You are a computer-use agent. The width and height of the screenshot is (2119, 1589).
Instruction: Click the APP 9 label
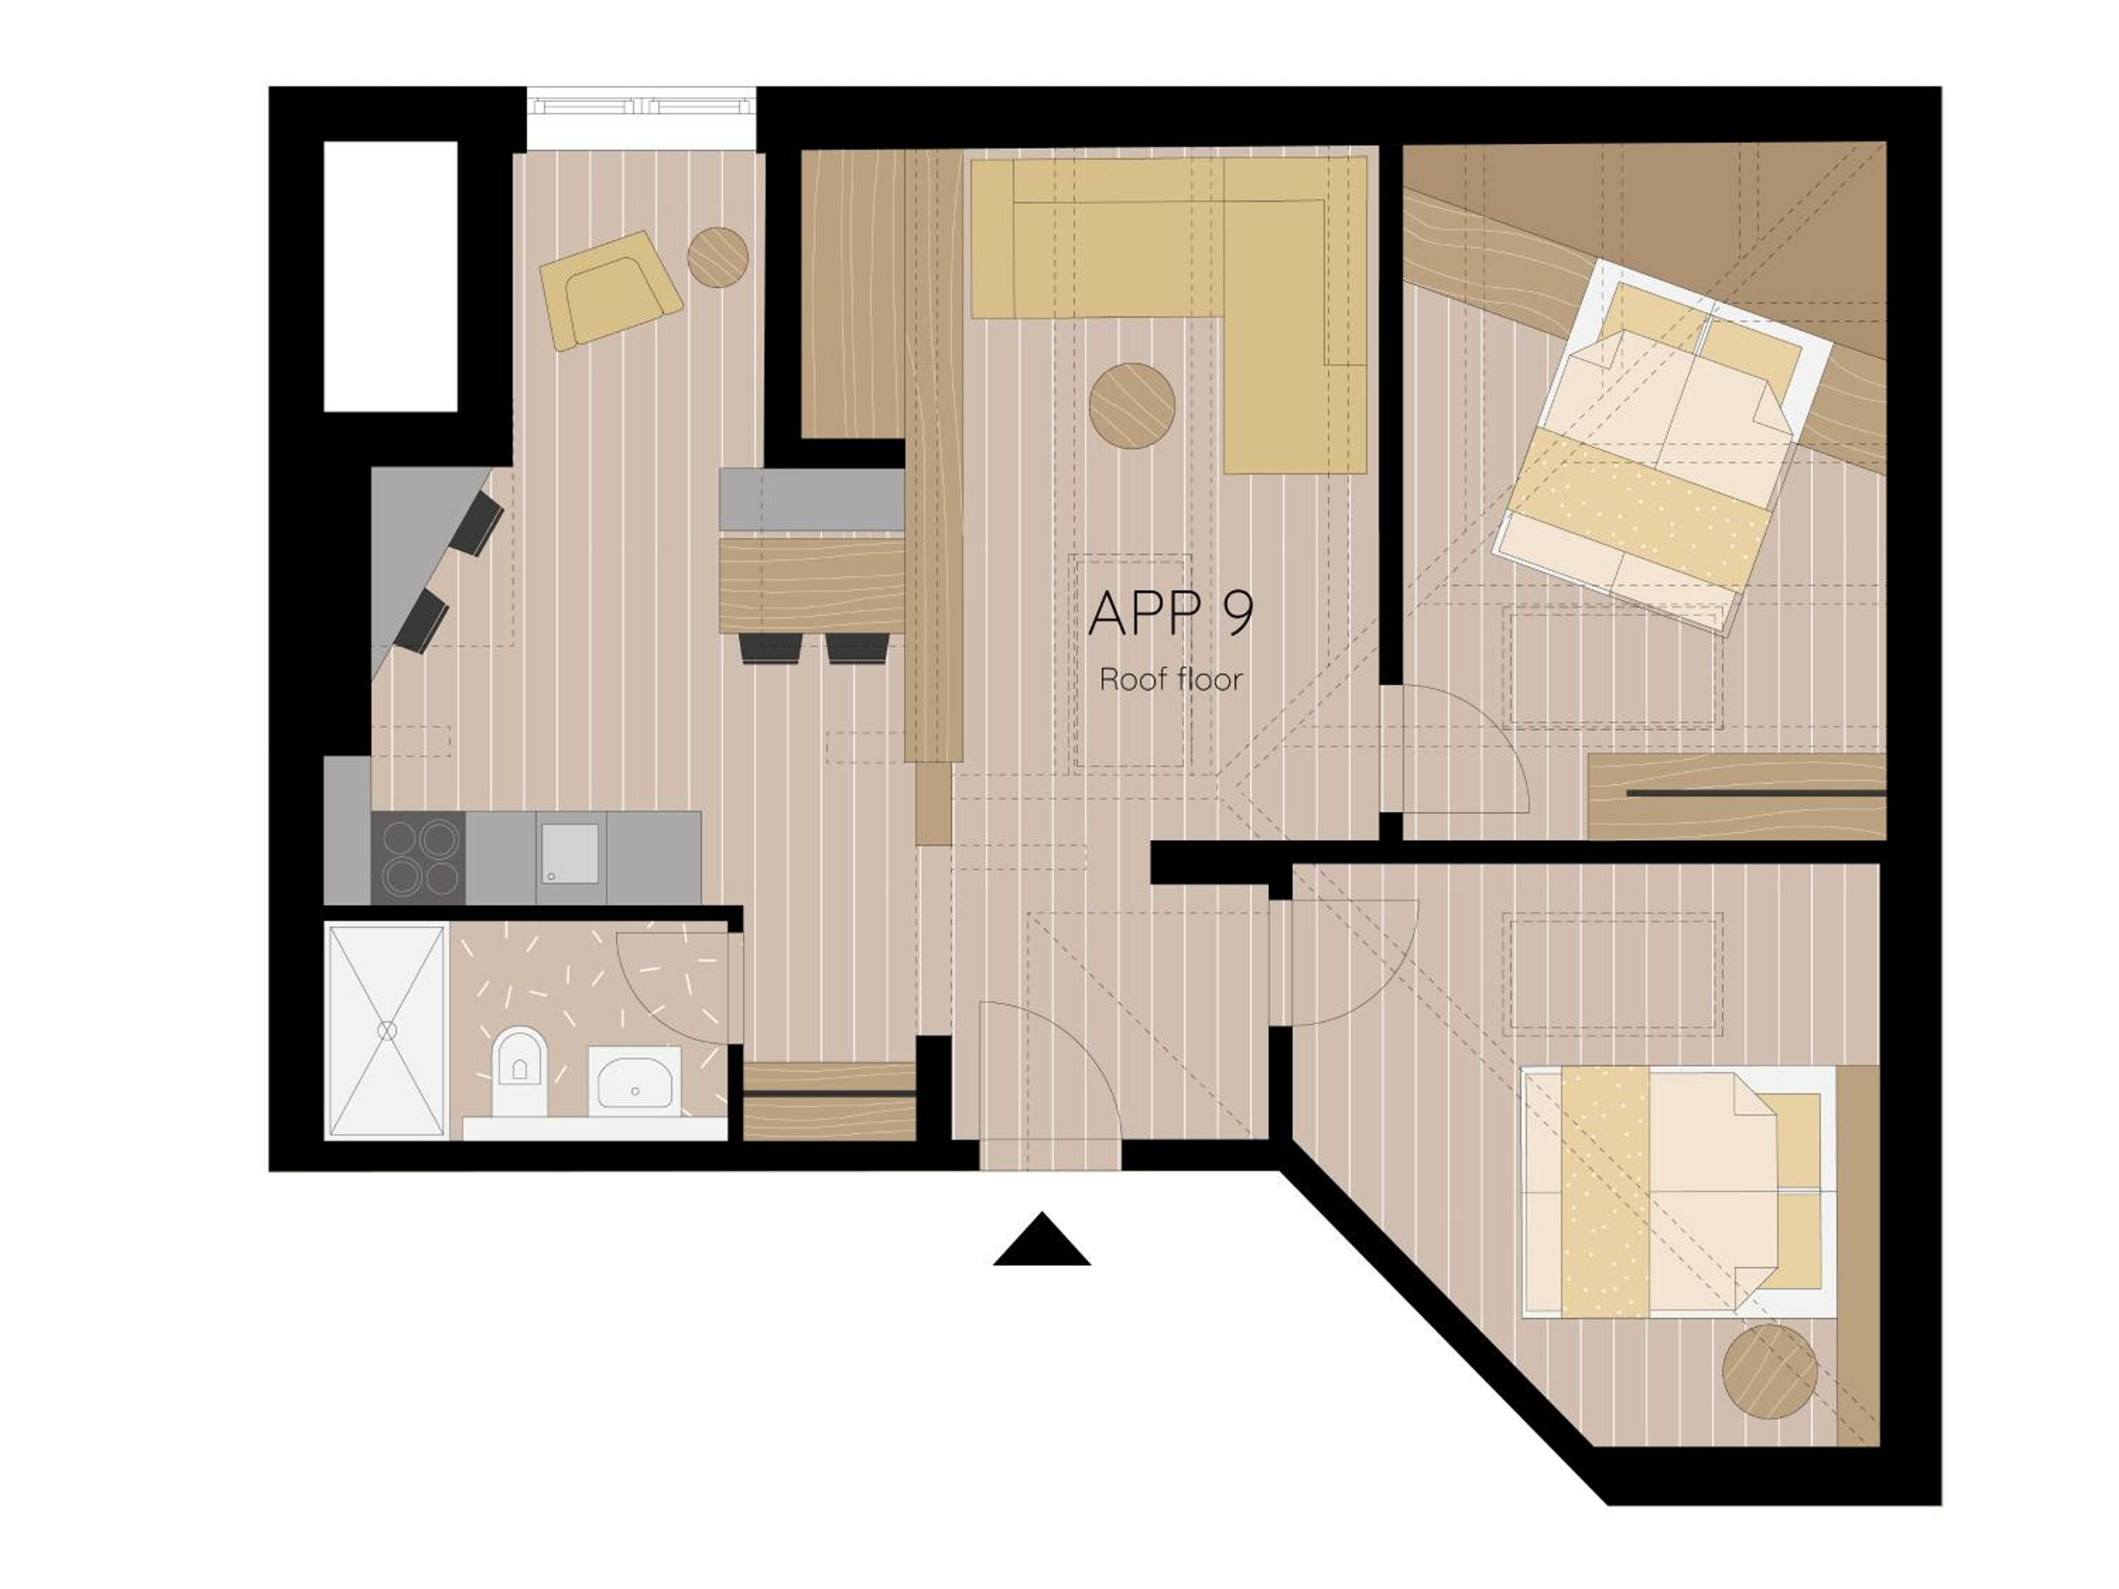[1170, 612]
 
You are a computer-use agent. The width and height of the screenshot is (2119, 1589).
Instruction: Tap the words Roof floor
[1170, 680]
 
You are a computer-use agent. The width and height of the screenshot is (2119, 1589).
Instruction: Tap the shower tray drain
[387, 1030]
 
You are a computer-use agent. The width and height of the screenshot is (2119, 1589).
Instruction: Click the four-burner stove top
[419, 857]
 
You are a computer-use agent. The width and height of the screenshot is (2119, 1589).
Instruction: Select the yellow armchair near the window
[610, 288]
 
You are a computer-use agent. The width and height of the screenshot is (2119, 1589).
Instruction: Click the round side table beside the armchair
[718, 256]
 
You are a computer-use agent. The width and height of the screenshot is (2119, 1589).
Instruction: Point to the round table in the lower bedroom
[1769, 1371]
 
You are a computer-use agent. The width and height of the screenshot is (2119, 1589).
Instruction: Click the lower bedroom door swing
[1351, 963]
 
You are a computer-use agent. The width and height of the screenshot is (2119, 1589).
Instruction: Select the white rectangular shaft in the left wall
[390, 276]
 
